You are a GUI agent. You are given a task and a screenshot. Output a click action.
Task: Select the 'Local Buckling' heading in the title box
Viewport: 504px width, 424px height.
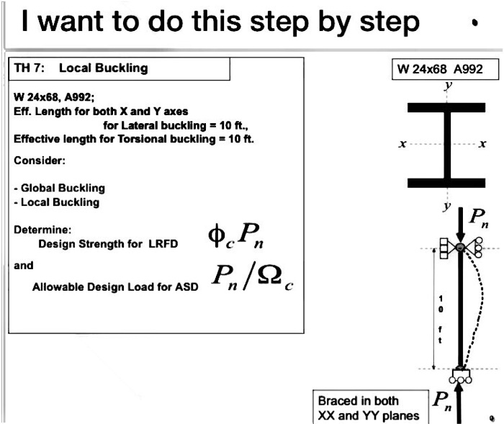pos(103,69)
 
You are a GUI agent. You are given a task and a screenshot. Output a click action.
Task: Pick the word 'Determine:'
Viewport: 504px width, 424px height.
pos(40,230)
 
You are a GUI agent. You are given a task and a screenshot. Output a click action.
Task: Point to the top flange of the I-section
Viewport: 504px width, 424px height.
pos(447,108)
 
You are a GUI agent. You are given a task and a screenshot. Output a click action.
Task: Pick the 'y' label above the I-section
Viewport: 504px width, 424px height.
pos(448,86)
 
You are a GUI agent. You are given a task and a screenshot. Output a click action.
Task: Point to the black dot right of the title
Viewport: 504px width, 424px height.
pos(474,23)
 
